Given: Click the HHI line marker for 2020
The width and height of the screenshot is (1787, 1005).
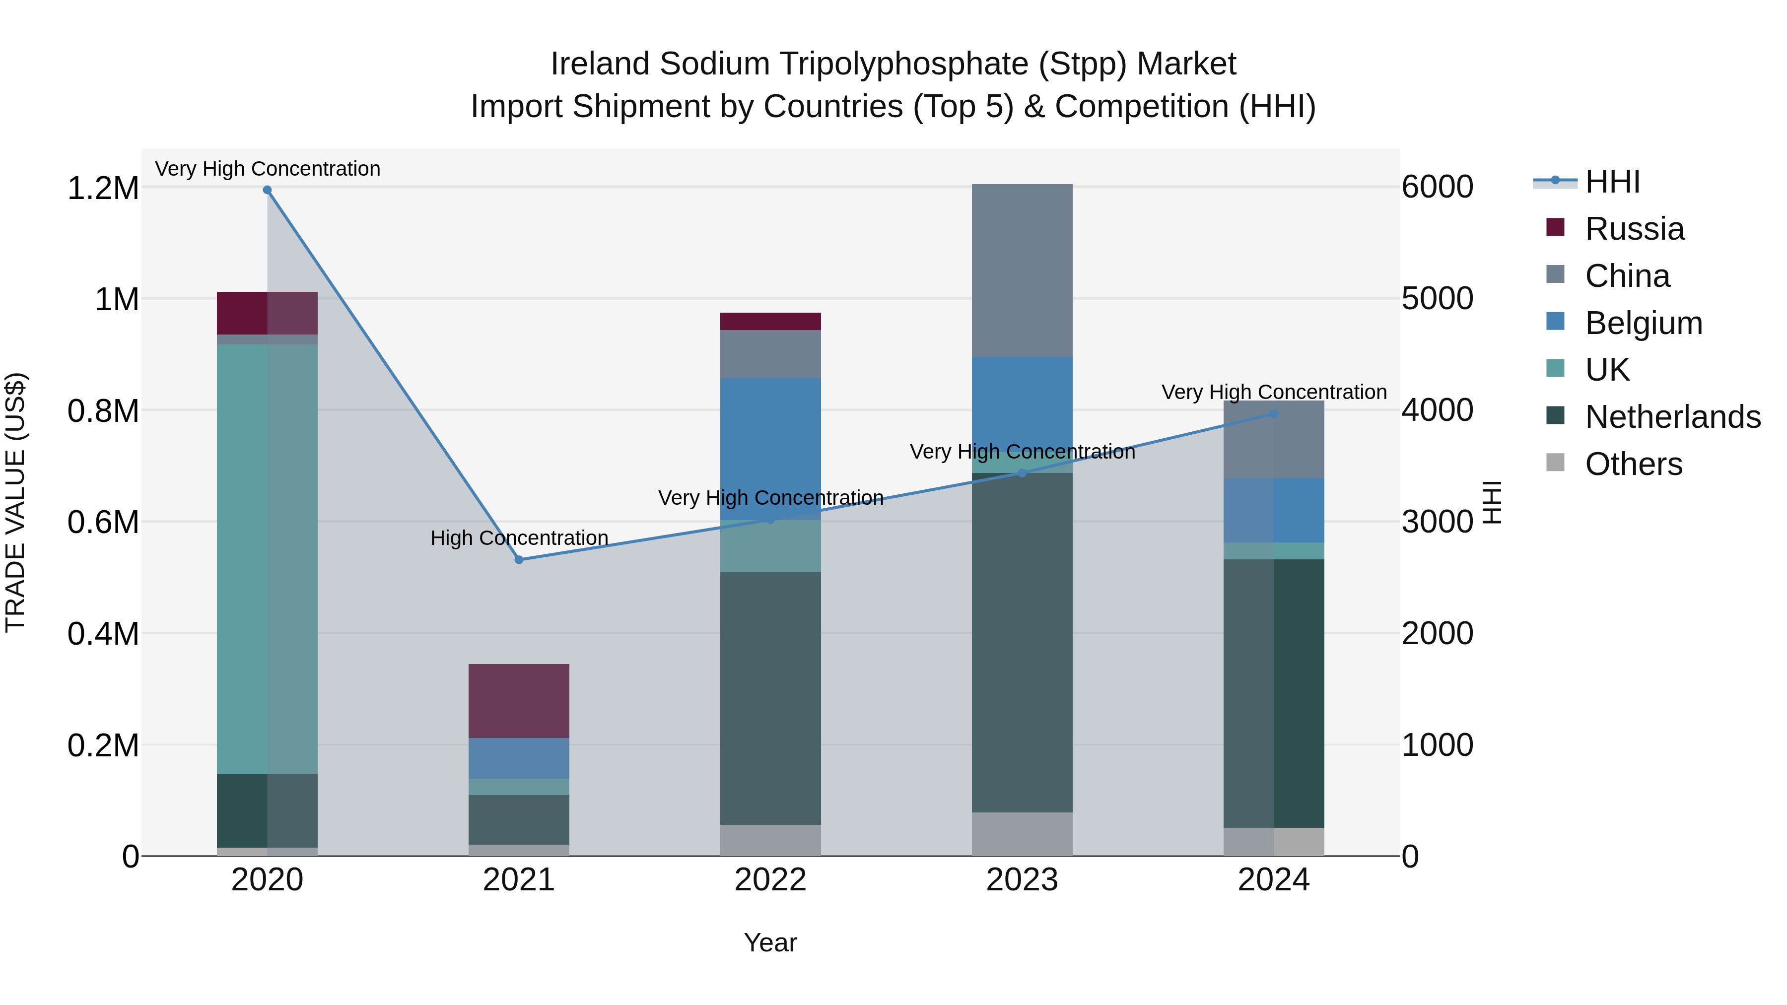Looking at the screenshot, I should (x=267, y=190).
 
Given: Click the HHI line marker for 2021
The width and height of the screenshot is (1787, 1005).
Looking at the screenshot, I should (x=519, y=560).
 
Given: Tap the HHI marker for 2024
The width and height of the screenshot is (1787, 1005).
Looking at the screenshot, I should (x=1274, y=414).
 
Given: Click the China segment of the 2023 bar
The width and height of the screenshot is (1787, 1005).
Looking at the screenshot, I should (x=1022, y=270).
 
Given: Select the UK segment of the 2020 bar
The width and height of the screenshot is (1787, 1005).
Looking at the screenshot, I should (x=267, y=559).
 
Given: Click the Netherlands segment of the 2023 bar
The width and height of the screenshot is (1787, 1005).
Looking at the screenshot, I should (x=1022, y=642).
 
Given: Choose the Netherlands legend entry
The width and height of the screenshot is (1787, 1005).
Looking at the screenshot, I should (x=1672, y=417).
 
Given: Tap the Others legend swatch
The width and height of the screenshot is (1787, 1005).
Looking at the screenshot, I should (x=1555, y=463).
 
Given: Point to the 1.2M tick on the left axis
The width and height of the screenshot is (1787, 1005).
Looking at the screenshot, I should (x=103, y=188).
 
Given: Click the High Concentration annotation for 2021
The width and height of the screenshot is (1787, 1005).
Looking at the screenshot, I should (x=519, y=537).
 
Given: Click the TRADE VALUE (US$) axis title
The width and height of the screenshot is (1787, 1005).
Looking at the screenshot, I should (x=16, y=502).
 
